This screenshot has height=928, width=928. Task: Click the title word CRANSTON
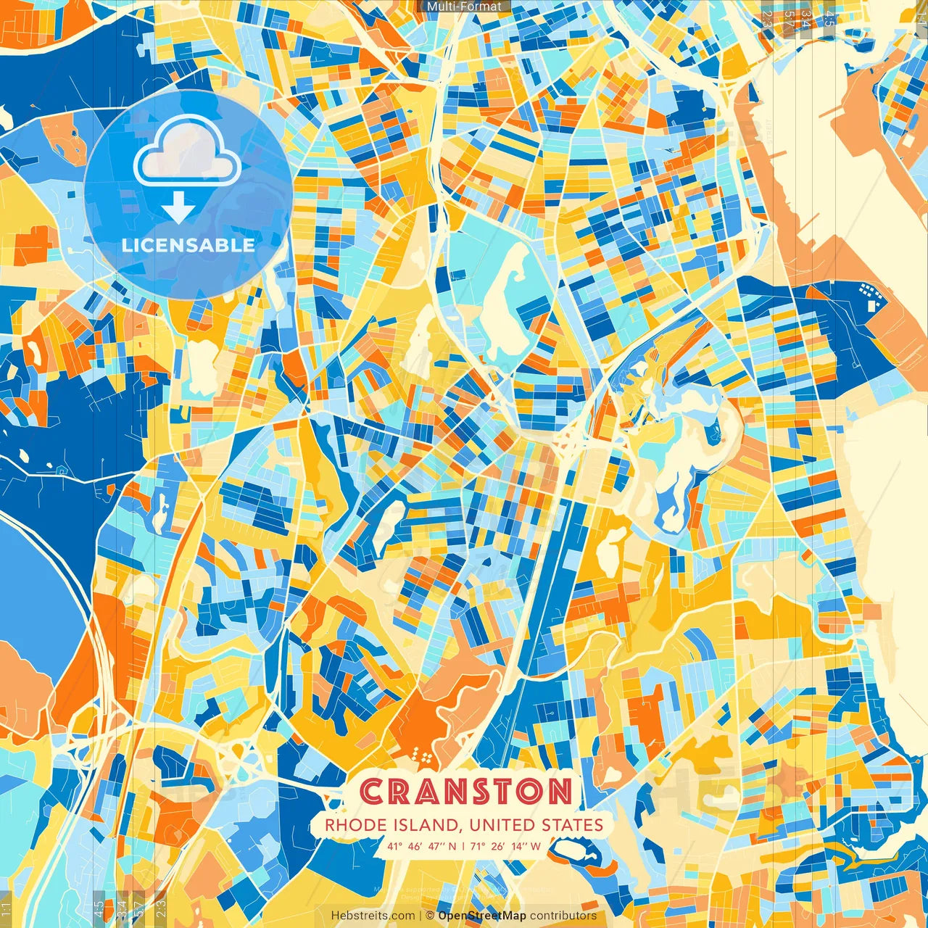pyautogui.click(x=465, y=792)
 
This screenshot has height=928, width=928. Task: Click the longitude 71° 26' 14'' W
pyautogui.click(x=507, y=846)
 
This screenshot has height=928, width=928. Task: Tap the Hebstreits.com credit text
pyautogui.click(x=373, y=916)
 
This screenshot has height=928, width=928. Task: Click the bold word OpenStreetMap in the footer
pyautogui.click(x=482, y=916)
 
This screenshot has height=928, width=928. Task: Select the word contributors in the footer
pyautogui.click(x=563, y=916)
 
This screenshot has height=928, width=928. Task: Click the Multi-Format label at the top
pyautogui.click(x=464, y=7)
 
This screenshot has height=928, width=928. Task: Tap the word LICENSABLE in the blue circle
pyautogui.click(x=188, y=245)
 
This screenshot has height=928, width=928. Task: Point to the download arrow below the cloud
pyautogui.click(x=178, y=207)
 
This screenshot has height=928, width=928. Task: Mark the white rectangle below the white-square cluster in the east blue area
pyautogui.click(x=871, y=306)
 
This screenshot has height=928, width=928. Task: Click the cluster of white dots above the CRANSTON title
pyautogui.click(x=422, y=758)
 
